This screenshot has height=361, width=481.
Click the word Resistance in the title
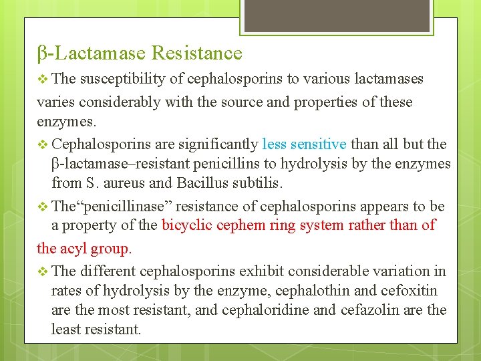(196, 53)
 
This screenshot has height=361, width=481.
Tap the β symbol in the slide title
(41, 53)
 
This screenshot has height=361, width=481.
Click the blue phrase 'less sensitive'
(304, 144)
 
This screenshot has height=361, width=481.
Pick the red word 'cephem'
(240, 225)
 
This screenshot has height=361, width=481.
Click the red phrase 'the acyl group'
(84, 248)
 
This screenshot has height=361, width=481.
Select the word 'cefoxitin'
(411, 290)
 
